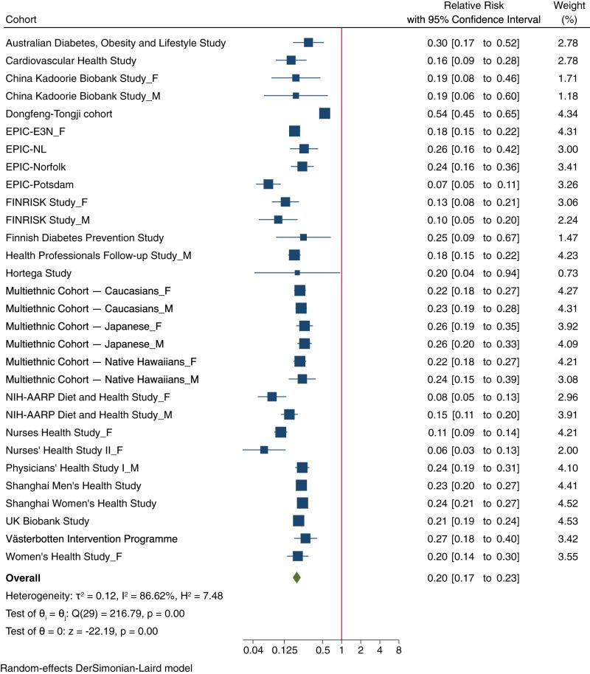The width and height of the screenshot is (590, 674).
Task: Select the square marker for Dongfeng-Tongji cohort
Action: [324, 113]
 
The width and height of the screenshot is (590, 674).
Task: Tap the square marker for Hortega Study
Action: [297, 272]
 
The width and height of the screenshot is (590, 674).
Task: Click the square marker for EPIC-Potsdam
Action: [268, 184]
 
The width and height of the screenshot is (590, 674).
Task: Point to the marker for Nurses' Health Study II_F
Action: [264, 449]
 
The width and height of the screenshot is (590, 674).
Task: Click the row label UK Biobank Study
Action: [44, 521]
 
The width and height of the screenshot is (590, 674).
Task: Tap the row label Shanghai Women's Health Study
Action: [80, 503]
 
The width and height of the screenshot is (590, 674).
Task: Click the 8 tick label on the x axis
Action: [398, 651]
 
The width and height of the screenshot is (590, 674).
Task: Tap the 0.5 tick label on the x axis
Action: [322, 651]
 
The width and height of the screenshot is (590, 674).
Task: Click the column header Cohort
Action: [21, 18]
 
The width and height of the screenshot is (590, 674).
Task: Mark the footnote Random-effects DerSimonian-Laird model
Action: [96, 667]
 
